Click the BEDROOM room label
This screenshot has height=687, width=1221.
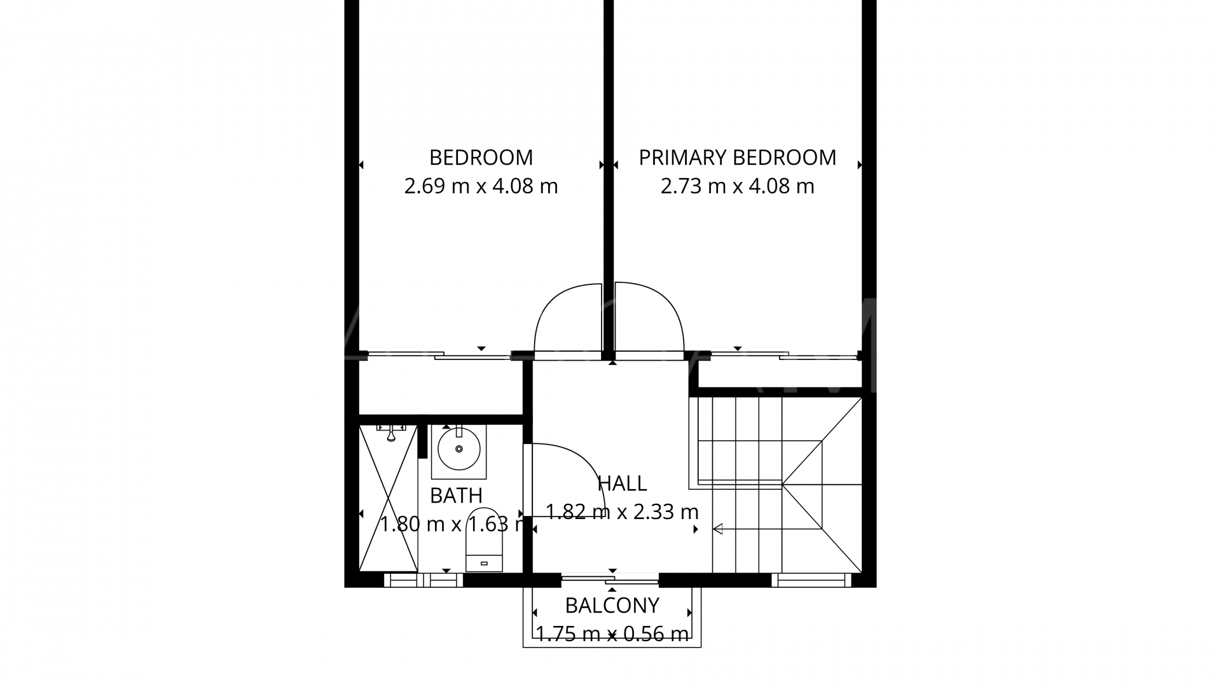(481, 157)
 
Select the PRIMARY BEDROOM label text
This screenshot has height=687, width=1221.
(737, 157)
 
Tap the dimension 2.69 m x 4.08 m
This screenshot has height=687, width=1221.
(481, 186)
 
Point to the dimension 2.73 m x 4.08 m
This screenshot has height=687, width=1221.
(737, 186)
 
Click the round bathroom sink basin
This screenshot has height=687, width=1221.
(459, 448)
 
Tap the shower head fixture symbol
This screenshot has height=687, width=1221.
(391, 433)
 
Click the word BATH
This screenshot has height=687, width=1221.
(456, 496)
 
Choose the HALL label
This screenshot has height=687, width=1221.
(622, 483)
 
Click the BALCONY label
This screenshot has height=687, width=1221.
(612, 606)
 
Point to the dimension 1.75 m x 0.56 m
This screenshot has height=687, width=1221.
(612, 634)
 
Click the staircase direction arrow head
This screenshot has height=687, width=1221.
(717, 529)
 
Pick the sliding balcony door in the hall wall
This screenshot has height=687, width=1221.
(610, 579)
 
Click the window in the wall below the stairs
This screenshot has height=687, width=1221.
(811, 580)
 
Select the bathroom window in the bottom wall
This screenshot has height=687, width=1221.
(424, 580)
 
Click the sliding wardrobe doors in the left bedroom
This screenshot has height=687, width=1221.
(439, 356)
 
